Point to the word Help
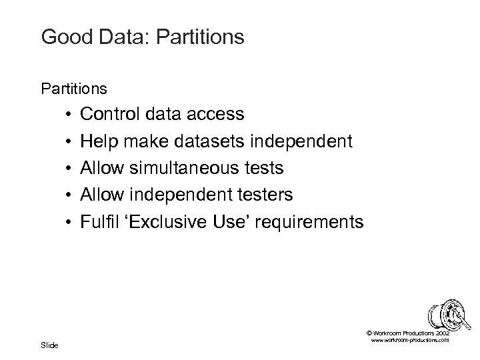[99, 141]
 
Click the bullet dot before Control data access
[69, 115]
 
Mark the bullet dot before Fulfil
[69, 222]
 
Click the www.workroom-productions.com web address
[408, 340]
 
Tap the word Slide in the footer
[49, 345]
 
